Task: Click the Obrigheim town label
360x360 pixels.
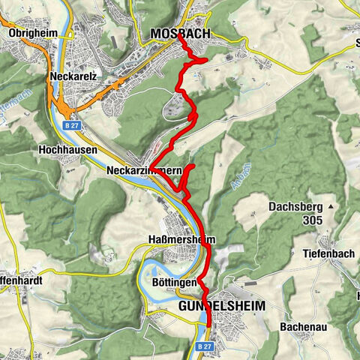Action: coord(33,33)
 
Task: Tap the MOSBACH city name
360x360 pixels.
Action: coord(181,34)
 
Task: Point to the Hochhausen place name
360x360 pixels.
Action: coord(64,149)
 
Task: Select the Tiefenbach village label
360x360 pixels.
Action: coord(333,253)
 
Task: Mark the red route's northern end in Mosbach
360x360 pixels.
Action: coord(180,43)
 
